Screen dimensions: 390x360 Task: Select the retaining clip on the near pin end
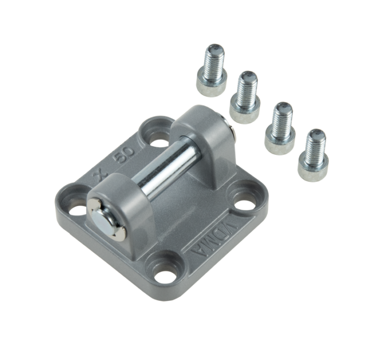pyautogui.click(x=107, y=219)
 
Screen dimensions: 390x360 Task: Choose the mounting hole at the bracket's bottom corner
pyautogui.click(x=164, y=276)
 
